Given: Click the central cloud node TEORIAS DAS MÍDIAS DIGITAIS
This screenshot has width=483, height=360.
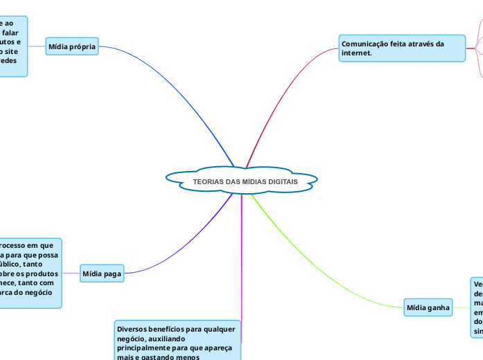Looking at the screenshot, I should point(241,180).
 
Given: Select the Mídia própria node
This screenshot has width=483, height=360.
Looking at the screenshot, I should point(72,46).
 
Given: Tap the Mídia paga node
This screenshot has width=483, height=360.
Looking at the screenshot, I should point(102,274).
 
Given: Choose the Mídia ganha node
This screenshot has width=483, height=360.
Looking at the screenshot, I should point(428,307).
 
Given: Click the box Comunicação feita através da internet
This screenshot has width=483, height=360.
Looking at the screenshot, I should point(402,48).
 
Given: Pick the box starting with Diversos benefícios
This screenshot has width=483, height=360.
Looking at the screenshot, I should point(177,340).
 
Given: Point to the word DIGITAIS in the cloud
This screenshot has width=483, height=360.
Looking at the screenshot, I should point(281,181).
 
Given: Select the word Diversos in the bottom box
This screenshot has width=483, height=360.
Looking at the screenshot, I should point(133,329).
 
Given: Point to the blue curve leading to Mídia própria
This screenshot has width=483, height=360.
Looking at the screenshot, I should point(187,90).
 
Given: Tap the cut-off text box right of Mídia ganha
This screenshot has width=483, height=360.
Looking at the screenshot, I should point(477,307).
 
